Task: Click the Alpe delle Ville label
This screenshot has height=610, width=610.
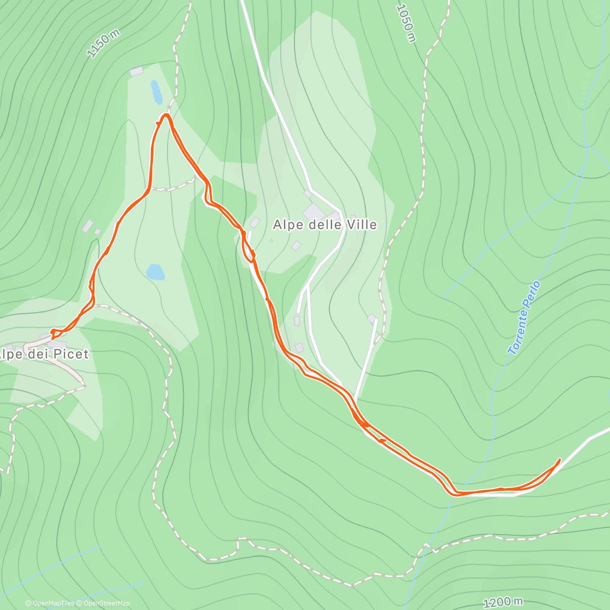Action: point(325,224)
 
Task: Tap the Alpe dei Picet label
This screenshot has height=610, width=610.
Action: point(44,354)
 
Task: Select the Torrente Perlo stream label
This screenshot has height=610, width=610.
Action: point(524,318)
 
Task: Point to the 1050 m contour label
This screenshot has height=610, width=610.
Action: point(406,23)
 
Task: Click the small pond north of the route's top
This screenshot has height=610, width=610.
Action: point(156,91)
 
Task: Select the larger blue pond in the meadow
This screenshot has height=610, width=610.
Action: point(156,272)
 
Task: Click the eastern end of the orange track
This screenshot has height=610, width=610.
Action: point(560,460)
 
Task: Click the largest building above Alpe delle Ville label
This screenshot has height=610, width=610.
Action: point(313,211)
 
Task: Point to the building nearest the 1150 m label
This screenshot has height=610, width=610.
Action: point(136,72)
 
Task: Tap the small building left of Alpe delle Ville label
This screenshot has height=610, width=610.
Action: point(255,223)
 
